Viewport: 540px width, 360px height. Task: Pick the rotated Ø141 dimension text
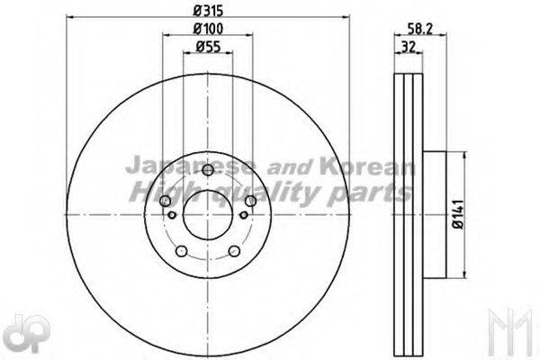(x=457, y=214)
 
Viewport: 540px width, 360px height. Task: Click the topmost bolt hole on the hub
(x=207, y=171)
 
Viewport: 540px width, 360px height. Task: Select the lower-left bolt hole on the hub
(x=181, y=251)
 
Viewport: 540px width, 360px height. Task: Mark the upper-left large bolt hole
(x=165, y=202)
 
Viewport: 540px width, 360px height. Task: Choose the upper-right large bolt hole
(x=249, y=202)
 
